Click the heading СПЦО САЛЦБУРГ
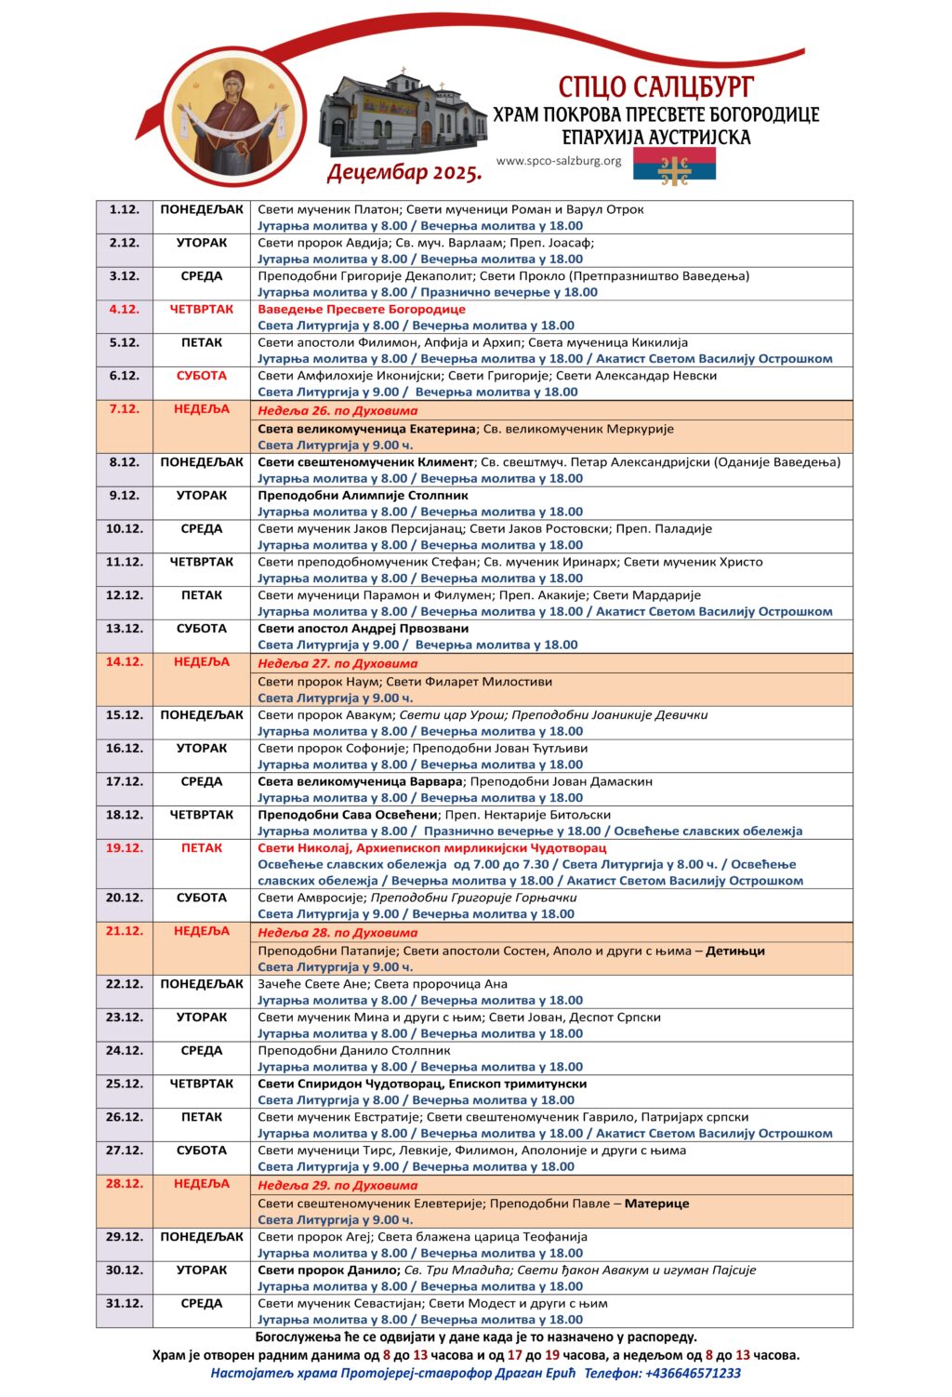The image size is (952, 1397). pyautogui.click(x=655, y=86)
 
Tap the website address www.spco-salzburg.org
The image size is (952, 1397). pyautogui.click(x=559, y=161)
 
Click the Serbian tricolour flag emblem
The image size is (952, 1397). pyautogui.click(x=674, y=165)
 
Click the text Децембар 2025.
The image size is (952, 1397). pyautogui.click(x=404, y=172)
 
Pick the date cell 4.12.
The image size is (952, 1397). pyautogui.click(x=125, y=310)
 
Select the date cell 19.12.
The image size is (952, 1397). pyautogui.click(x=125, y=848)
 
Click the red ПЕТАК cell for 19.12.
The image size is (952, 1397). pyautogui.click(x=202, y=848)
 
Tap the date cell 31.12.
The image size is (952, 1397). pyautogui.click(x=125, y=1304)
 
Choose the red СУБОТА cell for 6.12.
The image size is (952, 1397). pyautogui.click(x=202, y=376)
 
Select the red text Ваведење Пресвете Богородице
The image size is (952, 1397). pyautogui.click(x=362, y=310)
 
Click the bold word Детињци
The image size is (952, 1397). pyautogui.click(x=735, y=951)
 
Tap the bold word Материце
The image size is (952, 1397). pyautogui.click(x=656, y=1204)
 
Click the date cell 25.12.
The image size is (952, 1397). pyautogui.click(x=125, y=1084)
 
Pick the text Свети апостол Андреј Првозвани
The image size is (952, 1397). pyautogui.click(x=363, y=629)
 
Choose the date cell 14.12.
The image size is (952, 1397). pyautogui.click(x=125, y=663)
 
